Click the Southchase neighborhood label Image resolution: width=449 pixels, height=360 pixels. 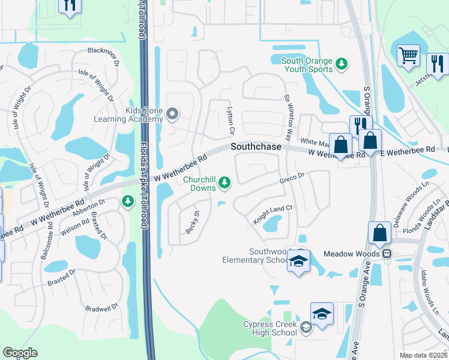coord(256,147)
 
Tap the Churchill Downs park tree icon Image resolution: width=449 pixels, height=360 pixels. coord(224,182)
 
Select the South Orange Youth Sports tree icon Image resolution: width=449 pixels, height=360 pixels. coord(342,63)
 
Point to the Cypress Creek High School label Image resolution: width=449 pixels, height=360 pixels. coord(270,328)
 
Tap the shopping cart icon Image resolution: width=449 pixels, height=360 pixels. coord(408,55)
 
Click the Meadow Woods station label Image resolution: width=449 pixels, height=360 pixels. coord(353,254)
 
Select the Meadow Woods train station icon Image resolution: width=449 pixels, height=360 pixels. coord(388,254)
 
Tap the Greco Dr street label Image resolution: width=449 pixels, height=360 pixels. coord(293,178)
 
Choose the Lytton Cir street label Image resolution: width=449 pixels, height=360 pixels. coord(229,120)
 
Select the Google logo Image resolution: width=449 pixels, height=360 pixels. coord(20,353)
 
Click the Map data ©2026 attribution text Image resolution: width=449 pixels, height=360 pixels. coord(423,355)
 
